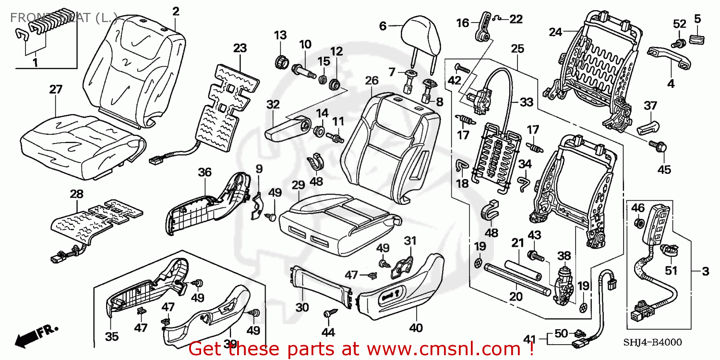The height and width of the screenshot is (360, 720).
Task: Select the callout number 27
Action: pyautogui.click(x=56, y=89)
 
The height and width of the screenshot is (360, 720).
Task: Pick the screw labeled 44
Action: pyautogui.click(x=328, y=313)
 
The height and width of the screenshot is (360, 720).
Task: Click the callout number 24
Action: pyautogui.click(x=555, y=32)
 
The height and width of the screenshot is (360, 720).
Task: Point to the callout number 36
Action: pyautogui.click(x=205, y=172)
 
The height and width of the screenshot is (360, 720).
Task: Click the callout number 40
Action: pyautogui.click(x=416, y=328)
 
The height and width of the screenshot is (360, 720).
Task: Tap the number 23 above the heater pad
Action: pyautogui.click(x=240, y=48)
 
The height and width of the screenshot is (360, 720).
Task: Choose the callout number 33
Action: pyautogui.click(x=526, y=102)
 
